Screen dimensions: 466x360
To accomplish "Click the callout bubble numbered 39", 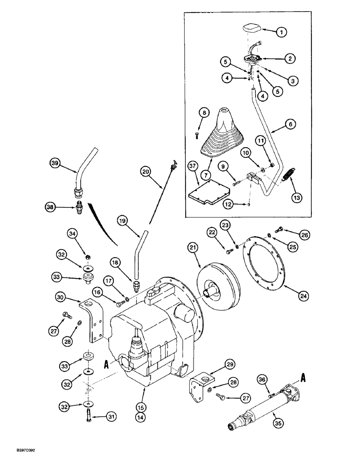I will pyautogui.click(x=55, y=163).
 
